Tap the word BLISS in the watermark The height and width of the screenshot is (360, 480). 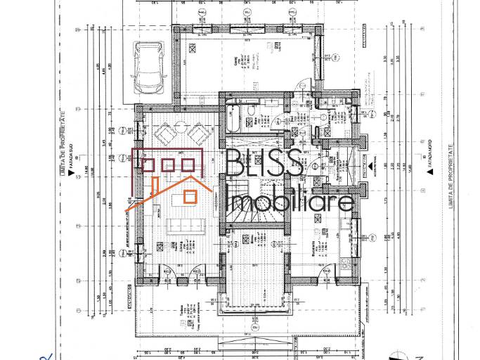point(265,163)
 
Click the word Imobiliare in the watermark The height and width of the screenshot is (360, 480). point(292,201)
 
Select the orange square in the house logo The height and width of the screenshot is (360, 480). point(190,196)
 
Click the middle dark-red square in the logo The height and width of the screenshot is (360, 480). point(168,165)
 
